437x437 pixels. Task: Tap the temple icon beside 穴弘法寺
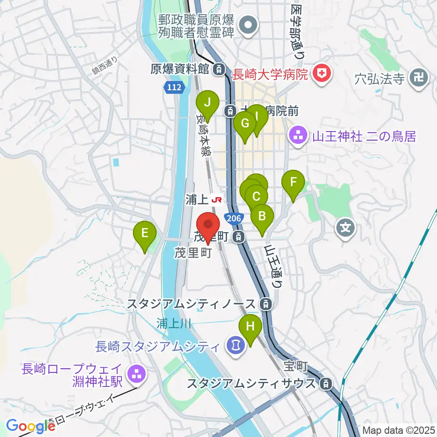click(419, 77)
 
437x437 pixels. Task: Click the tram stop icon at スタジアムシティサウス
click(325, 383)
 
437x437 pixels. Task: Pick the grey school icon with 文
click(346, 225)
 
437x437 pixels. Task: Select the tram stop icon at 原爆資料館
click(219, 69)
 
